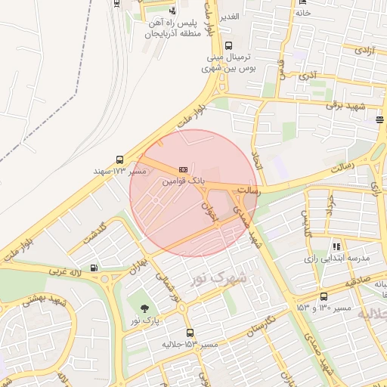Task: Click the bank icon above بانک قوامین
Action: click(184, 170)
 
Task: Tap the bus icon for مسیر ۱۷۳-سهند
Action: click(120, 159)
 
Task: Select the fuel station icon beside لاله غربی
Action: click(94, 267)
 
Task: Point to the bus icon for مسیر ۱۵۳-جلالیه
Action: click(189, 333)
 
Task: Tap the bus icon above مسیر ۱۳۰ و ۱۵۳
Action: click(324, 296)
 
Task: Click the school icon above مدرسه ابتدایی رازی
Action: click(336, 246)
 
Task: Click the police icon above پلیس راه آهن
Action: click(173, 11)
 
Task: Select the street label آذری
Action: click(308, 76)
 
